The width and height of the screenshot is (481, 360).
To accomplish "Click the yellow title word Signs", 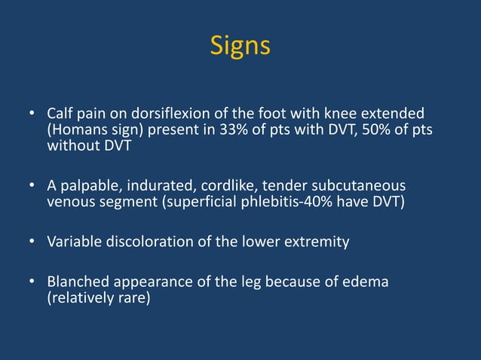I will [x=240, y=46].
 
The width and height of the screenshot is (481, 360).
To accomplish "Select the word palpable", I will [x=89, y=186].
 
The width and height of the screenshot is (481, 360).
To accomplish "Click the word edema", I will [x=367, y=282].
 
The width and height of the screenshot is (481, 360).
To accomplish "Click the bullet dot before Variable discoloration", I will [x=32, y=243].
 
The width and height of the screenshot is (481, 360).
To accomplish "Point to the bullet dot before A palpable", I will [x=32, y=186].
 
